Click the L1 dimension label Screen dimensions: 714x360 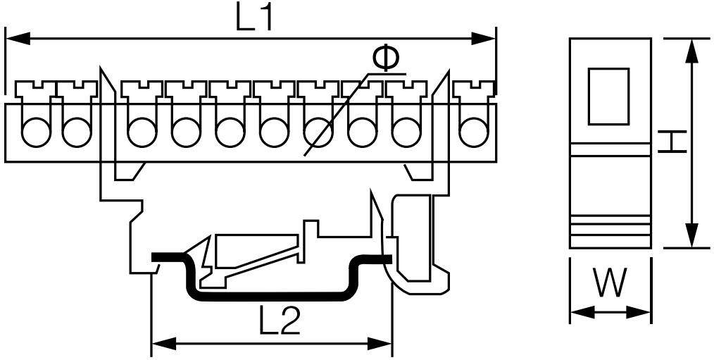pyautogui.click(x=254, y=18)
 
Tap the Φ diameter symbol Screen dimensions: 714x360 pyautogui.click(x=386, y=58)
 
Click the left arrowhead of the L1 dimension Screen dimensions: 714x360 pyautogui.click(x=18, y=38)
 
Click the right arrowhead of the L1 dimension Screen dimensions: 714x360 pyautogui.click(x=484, y=38)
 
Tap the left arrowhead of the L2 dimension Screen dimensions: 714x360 pyautogui.click(x=163, y=344)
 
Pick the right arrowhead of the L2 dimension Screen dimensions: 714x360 pyautogui.click(x=380, y=344)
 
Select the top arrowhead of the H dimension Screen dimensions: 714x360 pyautogui.click(x=691, y=51)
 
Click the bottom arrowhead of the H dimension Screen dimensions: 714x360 pyautogui.click(x=691, y=235)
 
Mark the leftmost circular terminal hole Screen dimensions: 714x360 pyautogui.click(x=36, y=132)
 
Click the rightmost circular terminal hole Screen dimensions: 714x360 pyautogui.click(x=474, y=132)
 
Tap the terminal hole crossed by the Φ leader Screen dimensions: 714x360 pyautogui.click(x=318, y=132)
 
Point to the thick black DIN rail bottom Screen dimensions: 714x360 pyautogui.click(x=271, y=297)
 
